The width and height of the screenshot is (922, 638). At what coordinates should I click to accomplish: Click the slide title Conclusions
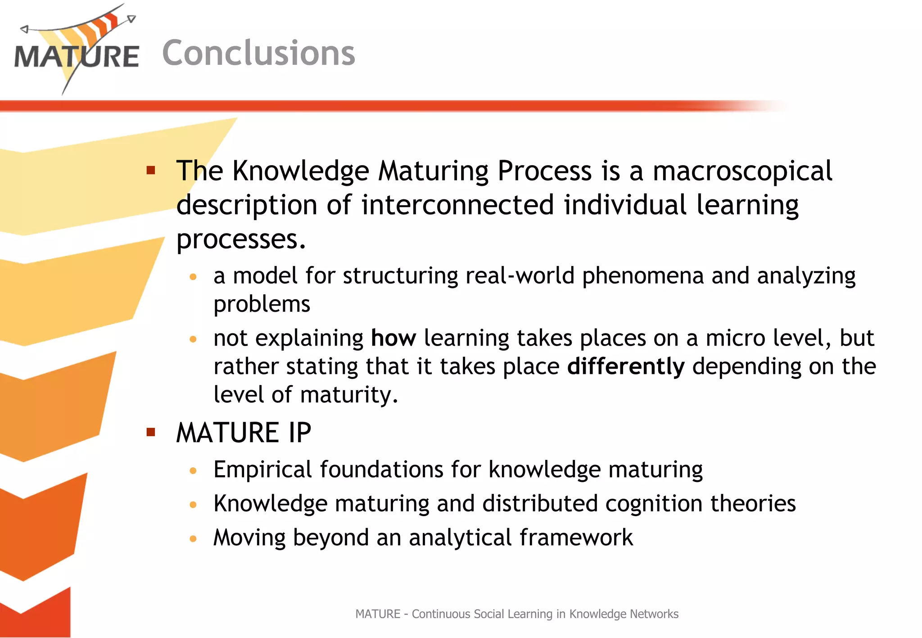click(258, 53)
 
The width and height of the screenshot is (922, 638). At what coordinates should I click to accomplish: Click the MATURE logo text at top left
click(77, 57)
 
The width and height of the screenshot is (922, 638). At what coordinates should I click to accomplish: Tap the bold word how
click(393, 338)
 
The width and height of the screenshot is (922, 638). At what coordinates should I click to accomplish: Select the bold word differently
click(625, 367)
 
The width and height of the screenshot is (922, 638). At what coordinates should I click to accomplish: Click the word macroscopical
click(742, 171)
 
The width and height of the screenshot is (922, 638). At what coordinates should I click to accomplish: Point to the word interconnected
click(457, 205)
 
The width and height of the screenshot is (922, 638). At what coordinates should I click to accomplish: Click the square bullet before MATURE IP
click(151, 433)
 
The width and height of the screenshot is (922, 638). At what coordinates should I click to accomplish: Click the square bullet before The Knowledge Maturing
click(151, 171)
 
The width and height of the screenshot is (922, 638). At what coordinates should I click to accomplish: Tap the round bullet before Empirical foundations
click(193, 471)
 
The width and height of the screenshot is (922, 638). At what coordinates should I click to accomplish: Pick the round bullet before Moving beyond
click(193, 539)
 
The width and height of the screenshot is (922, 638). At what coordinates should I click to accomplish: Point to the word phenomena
click(642, 276)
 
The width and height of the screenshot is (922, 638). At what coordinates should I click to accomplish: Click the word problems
click(262, 305)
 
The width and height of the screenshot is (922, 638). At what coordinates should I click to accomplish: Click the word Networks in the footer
click(654, 614)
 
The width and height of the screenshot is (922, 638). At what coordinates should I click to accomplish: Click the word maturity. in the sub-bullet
click(349, 395)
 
